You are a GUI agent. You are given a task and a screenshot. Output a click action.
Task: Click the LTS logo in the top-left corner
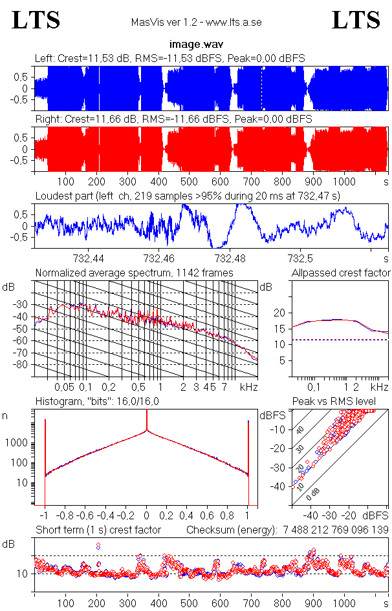[36, 20]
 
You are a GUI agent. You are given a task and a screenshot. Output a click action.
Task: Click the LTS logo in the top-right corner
[356, 20]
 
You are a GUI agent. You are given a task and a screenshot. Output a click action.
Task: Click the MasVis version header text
[195, 23]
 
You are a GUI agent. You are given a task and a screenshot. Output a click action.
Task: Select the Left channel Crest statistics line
[170, 59]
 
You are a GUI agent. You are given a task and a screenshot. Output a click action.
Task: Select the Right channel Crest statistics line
[173, 119]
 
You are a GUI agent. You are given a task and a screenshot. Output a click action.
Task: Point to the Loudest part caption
[188, 195]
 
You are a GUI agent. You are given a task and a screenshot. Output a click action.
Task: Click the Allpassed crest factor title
[341, 273]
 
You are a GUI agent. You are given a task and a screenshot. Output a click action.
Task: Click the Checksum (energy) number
[335, 530]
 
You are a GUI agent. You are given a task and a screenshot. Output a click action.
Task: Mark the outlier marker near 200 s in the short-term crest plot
[98, 546]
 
